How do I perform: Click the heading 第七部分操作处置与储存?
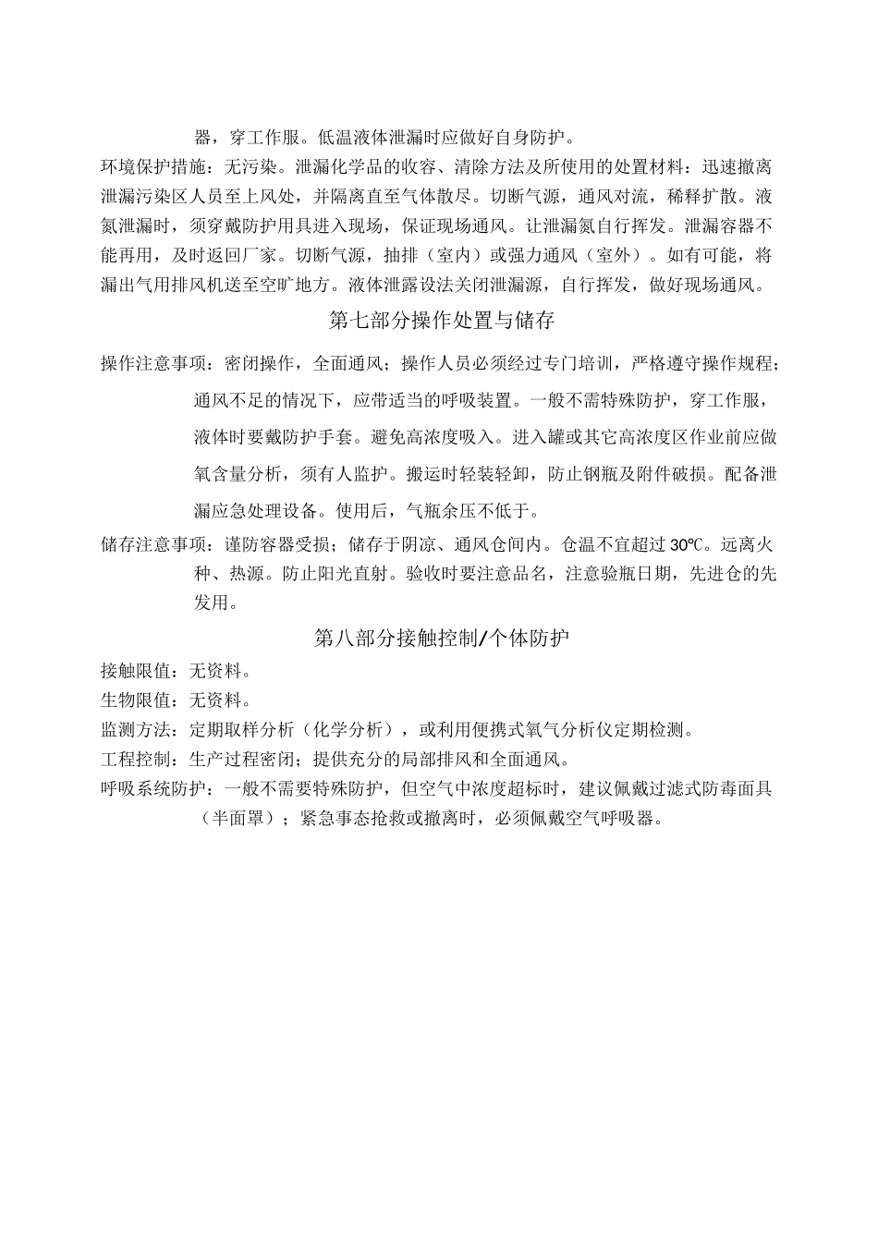442,321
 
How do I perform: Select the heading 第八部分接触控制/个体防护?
442,639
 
